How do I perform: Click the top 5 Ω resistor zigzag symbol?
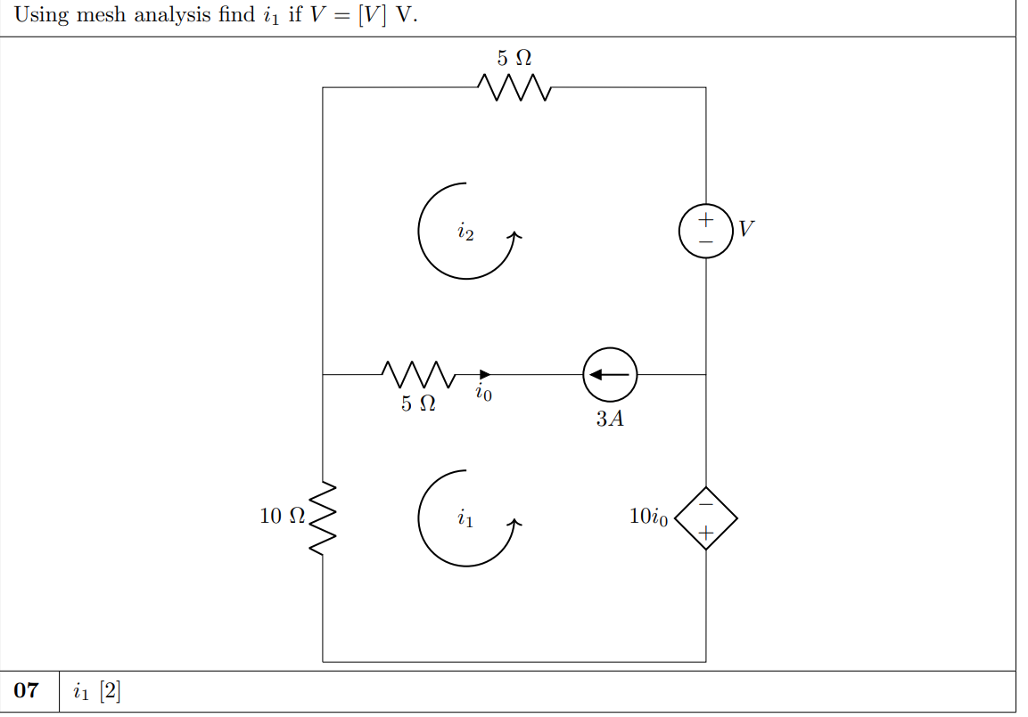click(514, 87)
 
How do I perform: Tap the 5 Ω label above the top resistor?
click(514, 59)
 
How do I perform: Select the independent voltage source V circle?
click(705, 230)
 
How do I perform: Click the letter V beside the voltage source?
click(747, 229)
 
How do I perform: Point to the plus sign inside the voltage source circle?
click(705, 218)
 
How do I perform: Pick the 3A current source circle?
click(610, 375)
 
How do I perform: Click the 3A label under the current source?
click(610, 419)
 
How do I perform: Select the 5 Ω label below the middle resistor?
click(418, 403)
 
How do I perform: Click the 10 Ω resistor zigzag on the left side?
click(323, 516)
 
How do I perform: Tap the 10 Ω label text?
click(282, 516)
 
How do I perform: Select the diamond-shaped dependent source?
click(705, 517)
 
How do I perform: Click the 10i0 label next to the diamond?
click(648, 517)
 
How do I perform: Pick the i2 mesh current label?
click(465, 233)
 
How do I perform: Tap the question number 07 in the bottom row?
click(28, 690)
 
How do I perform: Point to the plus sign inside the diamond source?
click(705, 534)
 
